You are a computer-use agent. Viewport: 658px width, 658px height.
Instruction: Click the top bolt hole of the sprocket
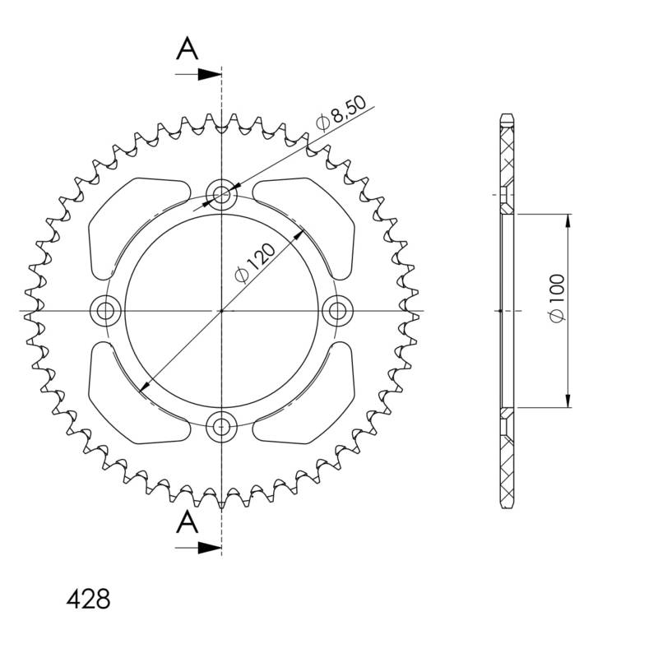(220, 194)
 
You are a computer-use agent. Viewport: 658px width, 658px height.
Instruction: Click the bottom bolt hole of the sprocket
(220, 426)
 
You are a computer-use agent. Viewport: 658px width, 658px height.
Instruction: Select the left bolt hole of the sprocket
(104, 310)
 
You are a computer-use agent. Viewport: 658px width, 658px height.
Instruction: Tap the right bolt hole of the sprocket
(336, 310)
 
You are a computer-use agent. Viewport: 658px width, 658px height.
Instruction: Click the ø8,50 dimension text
(340, 114)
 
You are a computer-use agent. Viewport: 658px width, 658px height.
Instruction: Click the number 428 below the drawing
(88, 599)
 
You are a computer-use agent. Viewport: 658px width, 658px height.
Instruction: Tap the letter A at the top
(188, 50)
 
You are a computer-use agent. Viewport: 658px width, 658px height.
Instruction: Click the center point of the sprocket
(220, 311)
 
